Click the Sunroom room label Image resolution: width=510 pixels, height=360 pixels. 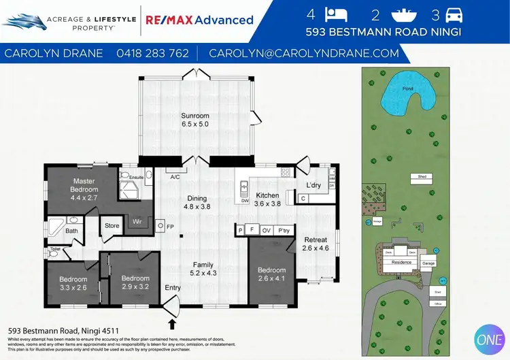tap(194, 116)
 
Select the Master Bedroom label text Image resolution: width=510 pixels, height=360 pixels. tap(86, 185)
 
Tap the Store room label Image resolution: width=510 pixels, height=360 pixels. tap(112, 226)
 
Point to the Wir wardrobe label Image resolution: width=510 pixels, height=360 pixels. tap(137, 221)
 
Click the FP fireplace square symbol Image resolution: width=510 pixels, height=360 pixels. tap(160, 225)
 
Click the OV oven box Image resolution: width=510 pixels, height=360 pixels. tap(267, 230)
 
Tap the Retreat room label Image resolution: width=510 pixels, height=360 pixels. tap(315, 240)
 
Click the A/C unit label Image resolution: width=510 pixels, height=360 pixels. tap(175, 178)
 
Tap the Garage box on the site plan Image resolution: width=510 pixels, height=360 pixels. tap(428, 263)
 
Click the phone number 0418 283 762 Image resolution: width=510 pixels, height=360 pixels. tap(153, 53)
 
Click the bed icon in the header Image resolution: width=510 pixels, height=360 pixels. tap(337, 14)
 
